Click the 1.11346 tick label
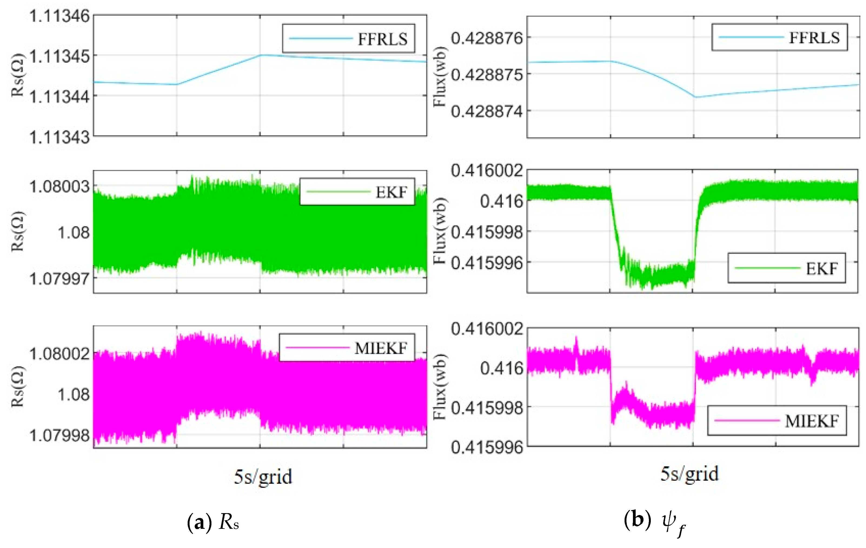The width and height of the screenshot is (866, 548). (x=59, y=16)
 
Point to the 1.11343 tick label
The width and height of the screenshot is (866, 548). (x=59, y=137)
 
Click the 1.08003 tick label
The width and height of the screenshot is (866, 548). (x=59, y=186)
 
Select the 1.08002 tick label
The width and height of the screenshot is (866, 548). (x=59, y=354)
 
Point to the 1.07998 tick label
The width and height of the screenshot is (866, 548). (x=59, y=436)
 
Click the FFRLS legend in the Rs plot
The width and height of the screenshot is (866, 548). (x=348, y=38)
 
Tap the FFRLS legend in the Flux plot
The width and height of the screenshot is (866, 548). (x=779, y=37)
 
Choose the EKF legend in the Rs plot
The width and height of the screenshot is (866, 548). (x=357, y=192)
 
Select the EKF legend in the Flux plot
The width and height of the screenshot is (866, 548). (x=786, y=268)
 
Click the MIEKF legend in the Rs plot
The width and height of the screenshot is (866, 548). (x=347, y=348)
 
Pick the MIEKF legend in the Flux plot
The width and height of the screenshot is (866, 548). (x=777, y=421)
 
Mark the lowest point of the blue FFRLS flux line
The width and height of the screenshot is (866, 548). (x=695, y=97)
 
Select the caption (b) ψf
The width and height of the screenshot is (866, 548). (x=655, y=523)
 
